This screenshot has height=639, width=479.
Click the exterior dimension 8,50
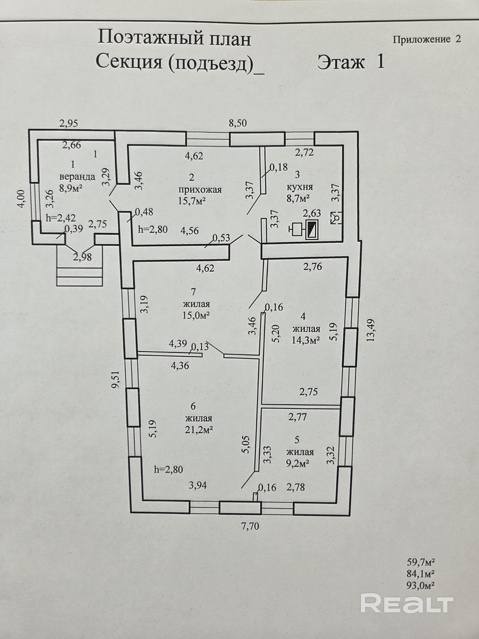238,123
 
